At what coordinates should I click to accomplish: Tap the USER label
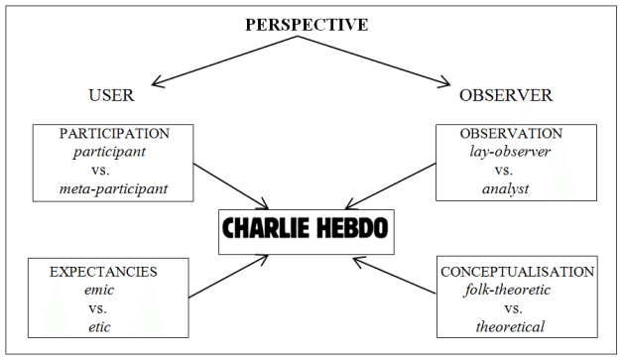click(x=111, y=96)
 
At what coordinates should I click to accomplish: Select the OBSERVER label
click(x=506, y=96)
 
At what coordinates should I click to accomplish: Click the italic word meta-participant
click(x=111, y=188)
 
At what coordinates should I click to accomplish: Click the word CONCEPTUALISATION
click(x=517, y=270)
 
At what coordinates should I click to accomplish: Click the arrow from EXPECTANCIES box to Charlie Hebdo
click(x=228, y=277)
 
